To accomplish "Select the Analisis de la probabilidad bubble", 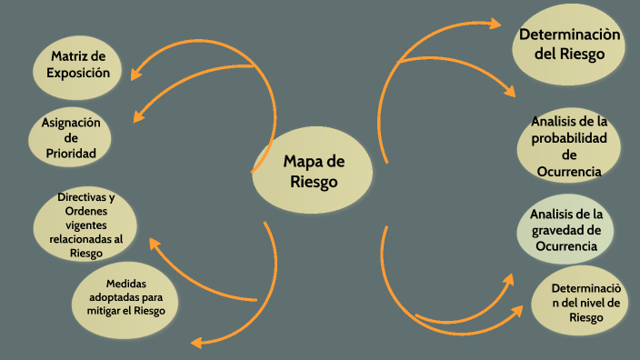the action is (x=569, y=145).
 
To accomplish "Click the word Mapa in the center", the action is (x=303, y=162).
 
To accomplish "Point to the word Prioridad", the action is (x=71, y=154).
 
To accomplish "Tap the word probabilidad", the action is (x=569, y=137).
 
